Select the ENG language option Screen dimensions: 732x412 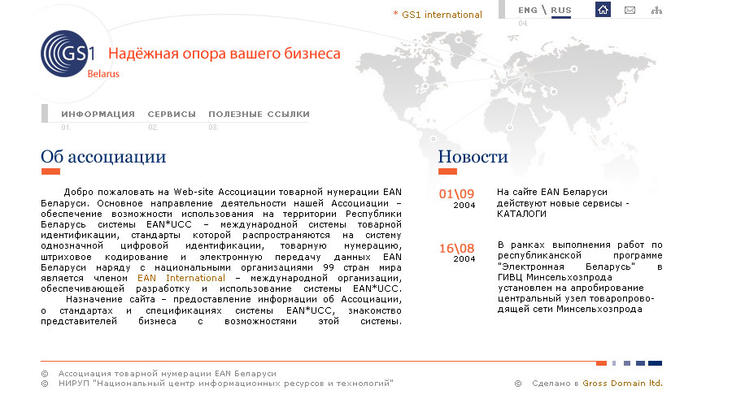tap(528, 10)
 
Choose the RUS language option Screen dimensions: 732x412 tap(560, 10)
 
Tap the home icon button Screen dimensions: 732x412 tap(603, 9)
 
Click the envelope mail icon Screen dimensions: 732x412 tap(630, 10)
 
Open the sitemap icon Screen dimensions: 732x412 tap(656, 10)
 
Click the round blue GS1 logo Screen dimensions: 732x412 tap(64, 54)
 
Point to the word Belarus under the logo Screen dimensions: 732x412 tap(103, 74)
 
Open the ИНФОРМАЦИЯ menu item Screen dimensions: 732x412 tap(98, 115)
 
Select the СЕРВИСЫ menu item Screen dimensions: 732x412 tap(172, 115)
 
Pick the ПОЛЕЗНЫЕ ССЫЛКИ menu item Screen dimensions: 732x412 tap(259, 115)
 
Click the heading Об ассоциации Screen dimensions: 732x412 tap(103, 157)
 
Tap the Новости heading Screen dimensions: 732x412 tap(473, 157)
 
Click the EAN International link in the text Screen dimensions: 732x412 tap(181, 278)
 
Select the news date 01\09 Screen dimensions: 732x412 tap(456, 193)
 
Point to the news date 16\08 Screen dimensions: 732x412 tap(456, 248)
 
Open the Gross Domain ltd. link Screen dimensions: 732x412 tap(622, 383)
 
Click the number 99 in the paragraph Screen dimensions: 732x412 tap(329, 267)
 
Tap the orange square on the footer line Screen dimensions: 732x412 tap(601, 363)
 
